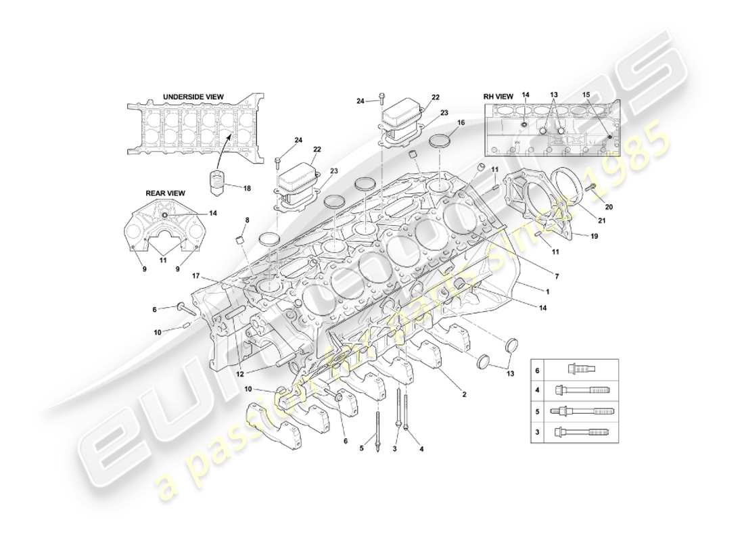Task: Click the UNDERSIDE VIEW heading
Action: tap(193, 97)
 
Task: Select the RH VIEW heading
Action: tap(498, 97)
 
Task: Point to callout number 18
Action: tap(247, 189)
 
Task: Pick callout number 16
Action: tap(461, 123)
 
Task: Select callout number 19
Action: tap(595, 237)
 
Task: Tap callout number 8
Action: tap(247, 220)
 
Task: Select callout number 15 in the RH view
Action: tap(586, 96)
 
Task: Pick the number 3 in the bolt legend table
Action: tap(538, 432)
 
